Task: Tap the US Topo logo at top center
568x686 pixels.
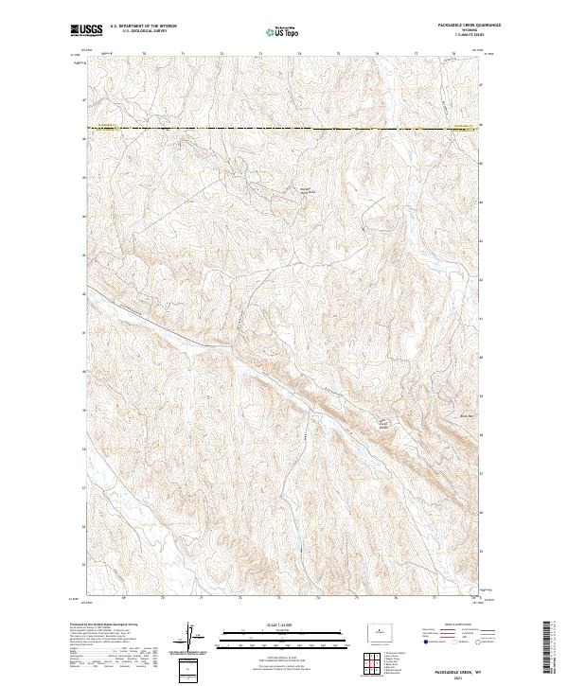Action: point(283,31)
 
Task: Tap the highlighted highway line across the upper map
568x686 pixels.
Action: point(283,128)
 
